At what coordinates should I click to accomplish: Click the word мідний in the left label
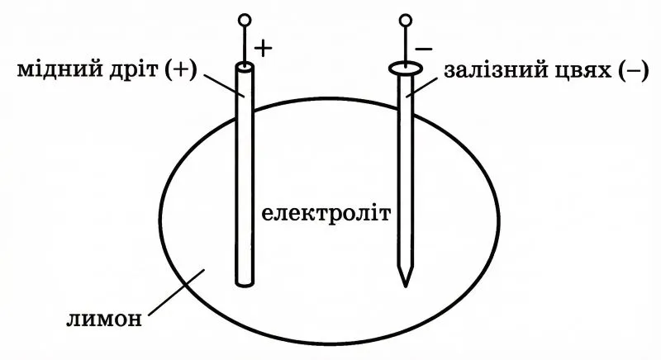pyautogui.click(x=57, y=71)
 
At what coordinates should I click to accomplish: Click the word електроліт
pyautogui.click(x=326, y=215)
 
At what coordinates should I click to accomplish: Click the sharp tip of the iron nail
pyautogui.click(x=404, y=284)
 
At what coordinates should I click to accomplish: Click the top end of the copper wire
pyautogui.click(x=245, y=66)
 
